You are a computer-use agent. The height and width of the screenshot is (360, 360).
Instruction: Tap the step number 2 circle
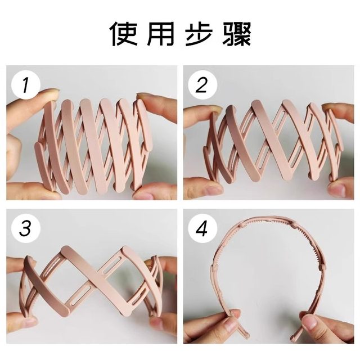click(201, 85)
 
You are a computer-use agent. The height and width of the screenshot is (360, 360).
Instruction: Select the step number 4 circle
click(201, 229)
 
